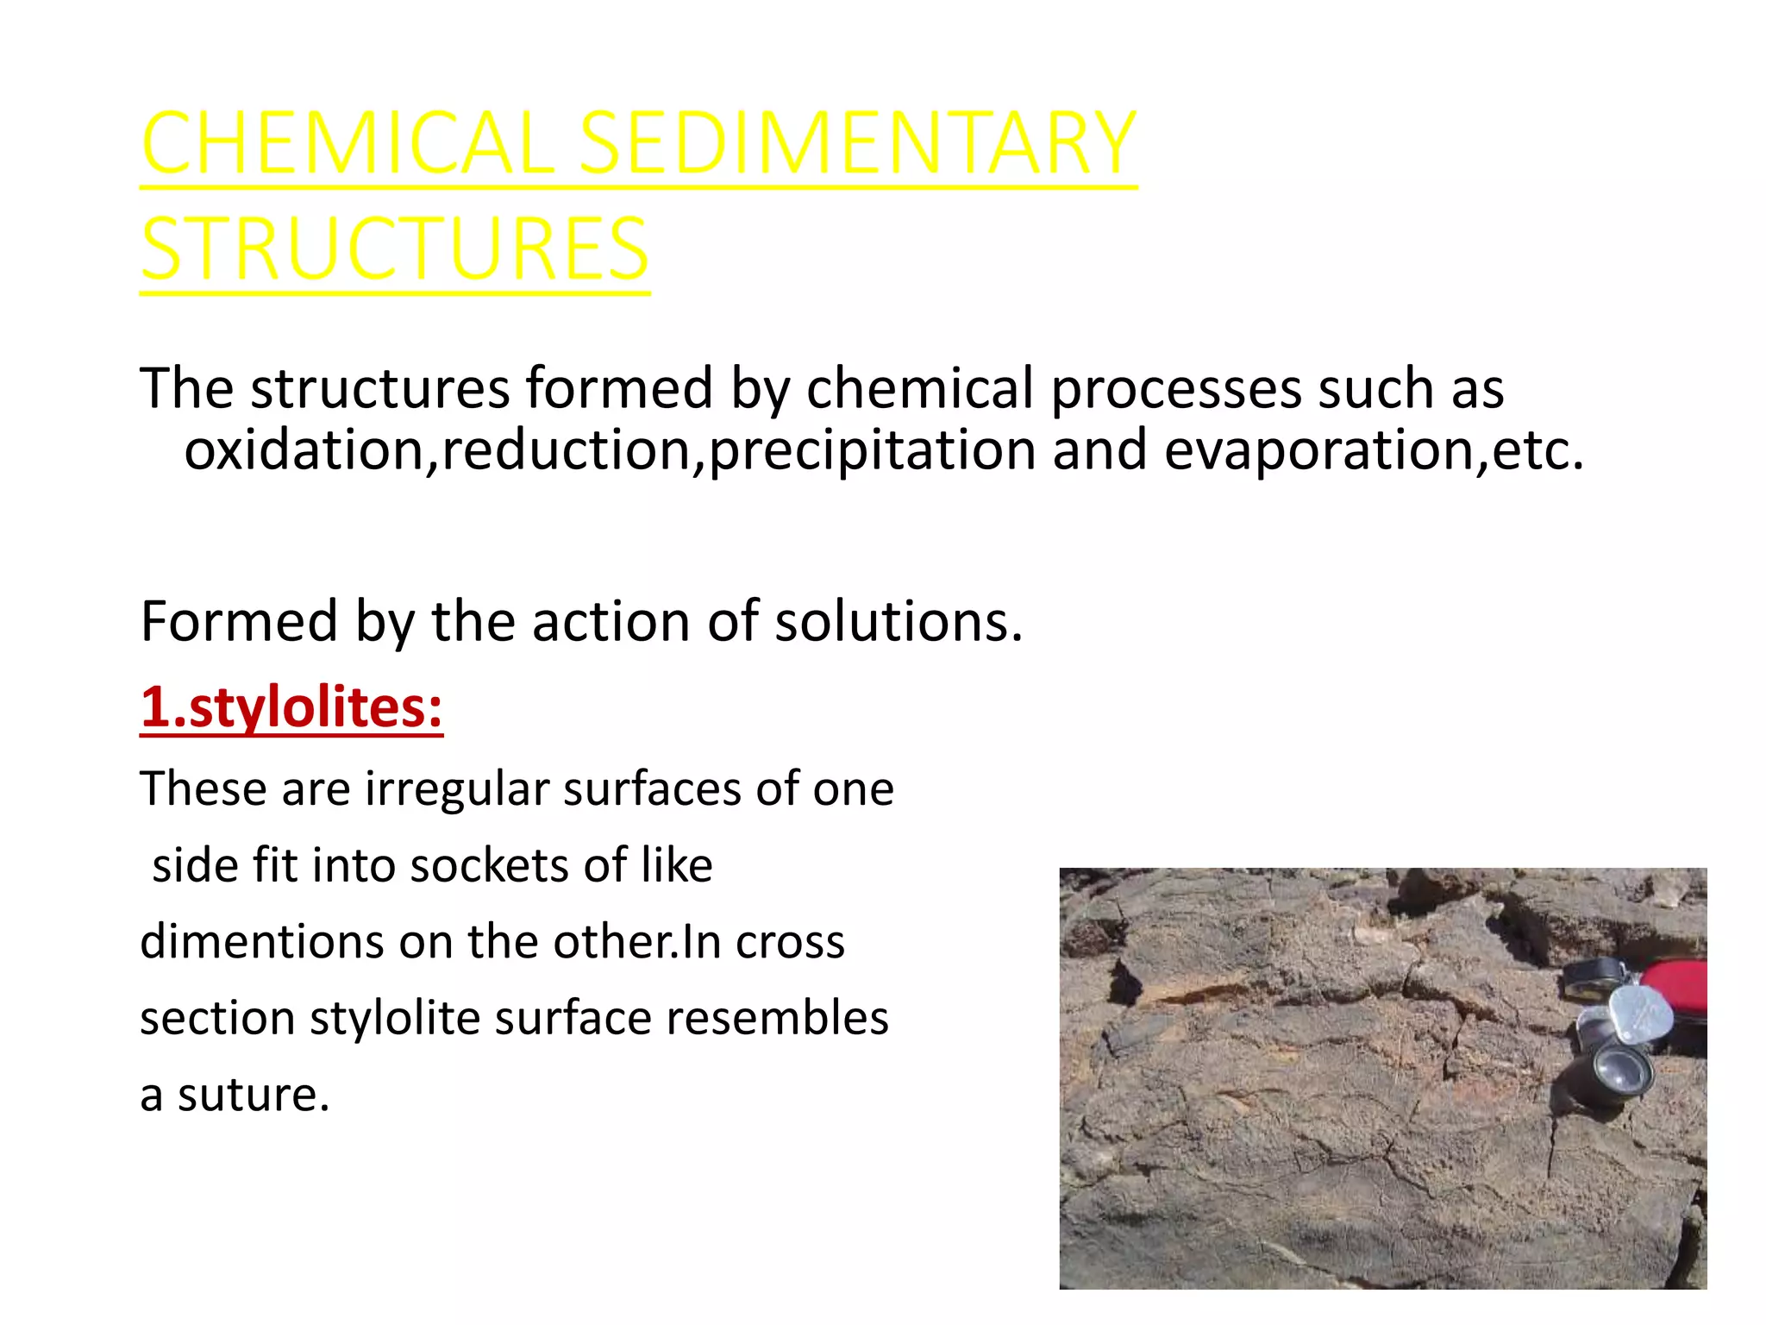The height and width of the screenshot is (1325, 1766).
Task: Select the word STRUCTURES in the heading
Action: point(394,249)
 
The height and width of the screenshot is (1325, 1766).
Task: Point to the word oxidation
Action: point(304,451)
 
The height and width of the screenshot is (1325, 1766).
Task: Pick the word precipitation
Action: point(872,451)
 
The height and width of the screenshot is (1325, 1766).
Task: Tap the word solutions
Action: point(899,621)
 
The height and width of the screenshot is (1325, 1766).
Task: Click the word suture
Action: point(254,1096)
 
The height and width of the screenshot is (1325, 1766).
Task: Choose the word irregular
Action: point(457,789)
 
